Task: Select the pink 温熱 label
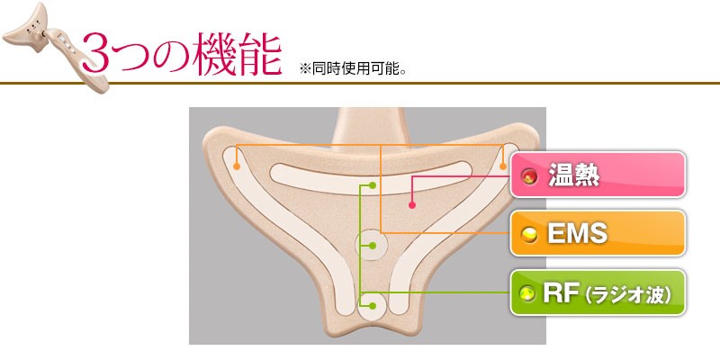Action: (598, 175)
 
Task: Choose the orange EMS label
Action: (598, 234)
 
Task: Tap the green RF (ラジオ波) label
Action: (598, 293)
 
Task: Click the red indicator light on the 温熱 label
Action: (530, 176)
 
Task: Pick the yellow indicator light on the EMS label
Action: (530, 235)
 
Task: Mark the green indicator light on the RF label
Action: (530, 294)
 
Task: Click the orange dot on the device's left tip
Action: (238, 166)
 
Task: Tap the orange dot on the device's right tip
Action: (502, 166)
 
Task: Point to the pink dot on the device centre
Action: (411, 206)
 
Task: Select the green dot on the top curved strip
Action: (373, 185)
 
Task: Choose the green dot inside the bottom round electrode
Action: (373, 307)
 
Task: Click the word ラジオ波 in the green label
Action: (631, 294)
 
